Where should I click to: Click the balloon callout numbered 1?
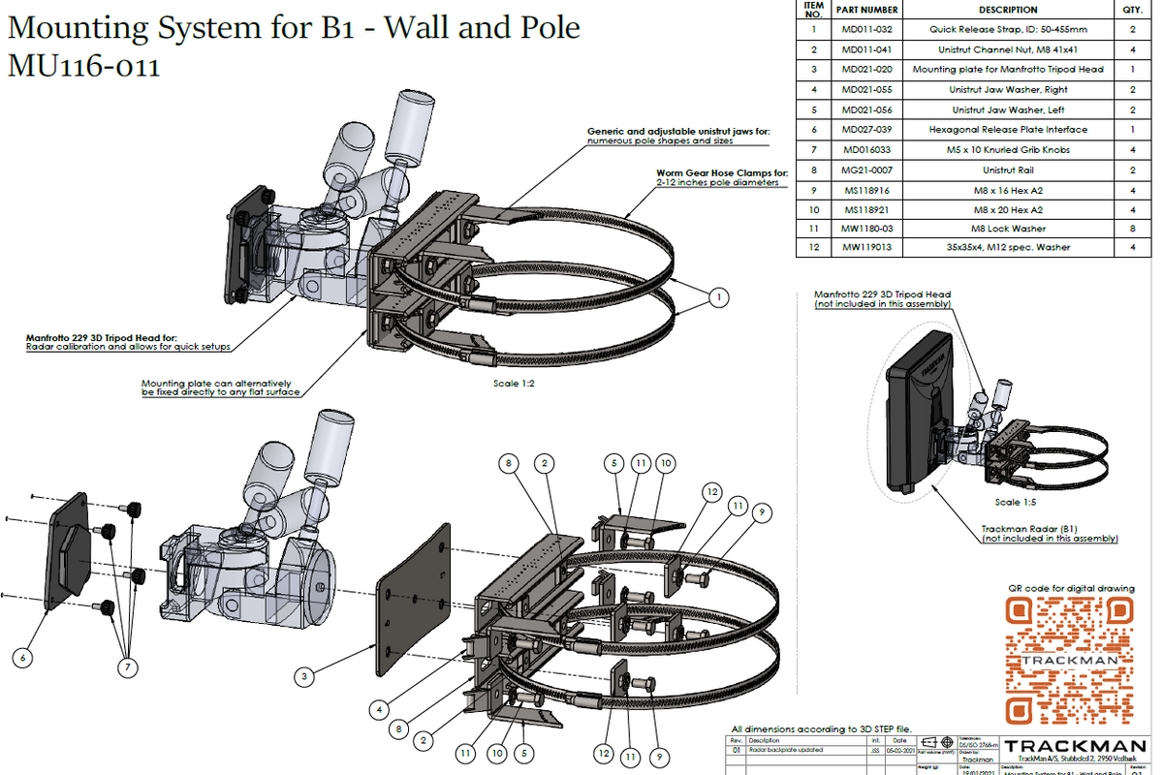pyautogui.click(x=717, y=298)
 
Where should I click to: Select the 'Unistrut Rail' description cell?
pyautogui.click(x=1008, y=170)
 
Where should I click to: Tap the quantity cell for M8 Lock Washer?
pyautogui.click(x=1130, y=229)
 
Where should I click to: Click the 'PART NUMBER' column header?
pyautogui.click(x=866, y=10)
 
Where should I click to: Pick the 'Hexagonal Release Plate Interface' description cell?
pyautogui.click(x=1008, y=129)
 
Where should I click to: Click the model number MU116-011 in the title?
pyautogui.click(x=83, y=67)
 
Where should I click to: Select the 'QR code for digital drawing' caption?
pyautogui.click(x=1070, y=588)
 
